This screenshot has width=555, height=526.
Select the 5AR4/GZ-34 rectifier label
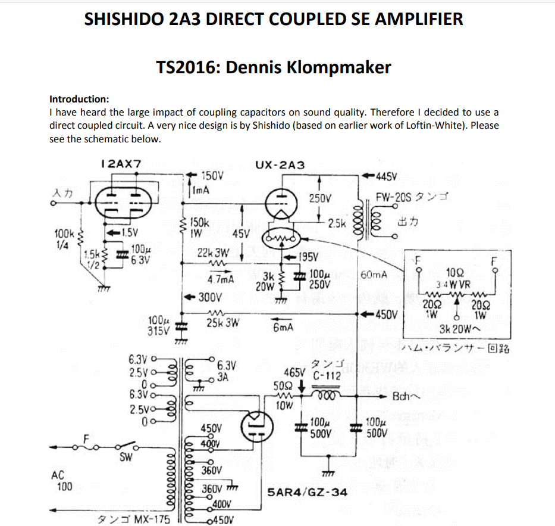308,493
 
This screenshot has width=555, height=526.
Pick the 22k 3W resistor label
213,253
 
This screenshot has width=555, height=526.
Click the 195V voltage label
310,257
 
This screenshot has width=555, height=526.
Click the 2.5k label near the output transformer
337,223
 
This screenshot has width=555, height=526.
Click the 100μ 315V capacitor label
159,325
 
